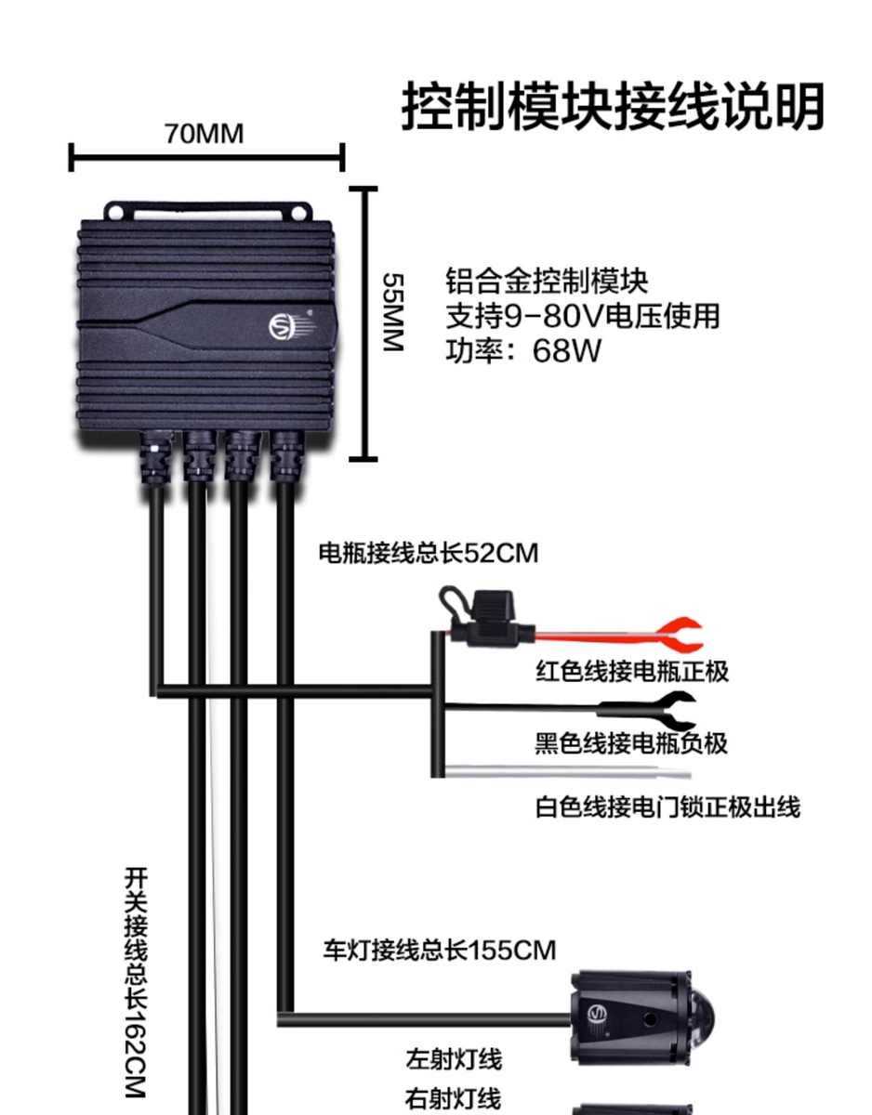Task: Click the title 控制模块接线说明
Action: click(613, 108)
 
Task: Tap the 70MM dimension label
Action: click(205, 134)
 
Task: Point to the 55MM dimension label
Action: click(393, 311)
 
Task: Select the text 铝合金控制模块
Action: click(547, 281)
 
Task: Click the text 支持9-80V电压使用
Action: click(583, 316)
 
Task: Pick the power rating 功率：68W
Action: click(523, 351)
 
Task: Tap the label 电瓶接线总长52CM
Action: click(429, 554)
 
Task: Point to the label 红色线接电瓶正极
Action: click(632, 671)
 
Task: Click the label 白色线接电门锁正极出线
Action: click(667, 807)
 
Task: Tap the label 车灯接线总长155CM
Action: click(439, 951)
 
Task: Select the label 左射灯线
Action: click(454, 1059)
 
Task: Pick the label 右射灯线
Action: click(454, 1098)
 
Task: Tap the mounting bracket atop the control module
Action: click(206, 212)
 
